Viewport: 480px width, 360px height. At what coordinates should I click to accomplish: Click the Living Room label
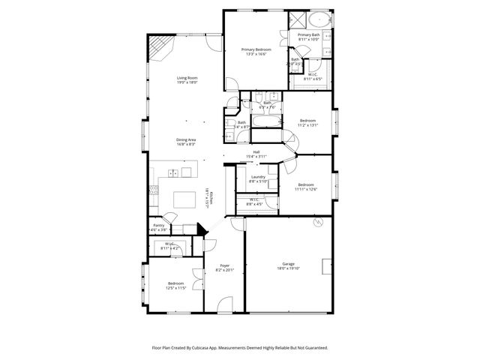187,77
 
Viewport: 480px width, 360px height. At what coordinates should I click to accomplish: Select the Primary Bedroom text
256,49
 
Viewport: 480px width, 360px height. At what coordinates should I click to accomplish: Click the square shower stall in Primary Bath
297,20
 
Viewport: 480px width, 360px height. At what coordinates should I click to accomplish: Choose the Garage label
288,263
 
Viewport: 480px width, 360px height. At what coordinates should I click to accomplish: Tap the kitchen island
184,199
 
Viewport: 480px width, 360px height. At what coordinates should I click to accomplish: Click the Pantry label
158,225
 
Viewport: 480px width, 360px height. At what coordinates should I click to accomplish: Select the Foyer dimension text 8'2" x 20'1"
224,270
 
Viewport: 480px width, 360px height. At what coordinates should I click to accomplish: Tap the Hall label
256,151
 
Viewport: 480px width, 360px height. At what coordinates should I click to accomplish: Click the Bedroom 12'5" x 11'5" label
175,283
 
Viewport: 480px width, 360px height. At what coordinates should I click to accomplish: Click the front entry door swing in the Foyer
224,304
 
